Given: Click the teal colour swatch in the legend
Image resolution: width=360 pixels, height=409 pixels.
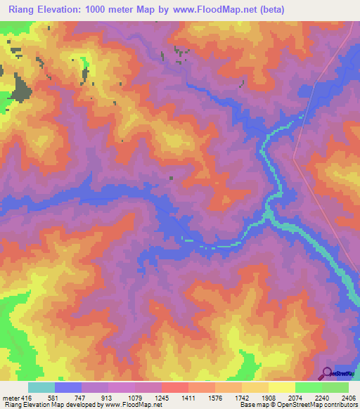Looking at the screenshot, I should pyautogui.click(x=41, y=387).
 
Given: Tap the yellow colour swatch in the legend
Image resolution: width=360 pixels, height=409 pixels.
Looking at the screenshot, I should pyautogui.click(x=282, y=387).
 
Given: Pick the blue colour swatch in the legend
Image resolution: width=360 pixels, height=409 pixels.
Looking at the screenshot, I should pyautogui.click(x=68, y=387).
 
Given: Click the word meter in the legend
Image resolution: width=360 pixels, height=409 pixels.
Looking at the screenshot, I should pyautogui.click(x=10, y=397).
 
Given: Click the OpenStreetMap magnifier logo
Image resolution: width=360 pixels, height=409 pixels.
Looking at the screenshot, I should pyautogui.click(x=327, y=373).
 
